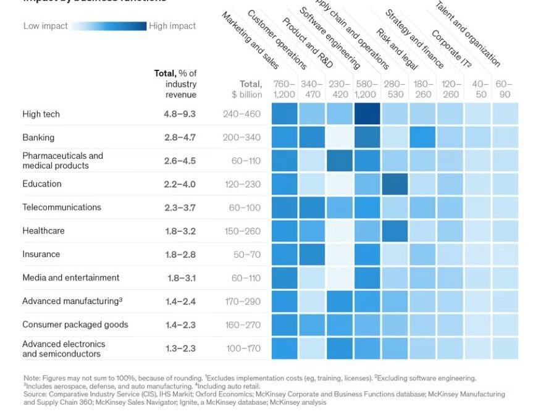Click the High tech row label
(x=41, y=114)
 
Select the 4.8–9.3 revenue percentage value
(x=180, y=114)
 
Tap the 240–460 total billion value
(x=242, y=114)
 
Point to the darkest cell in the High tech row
(x=367, y=114)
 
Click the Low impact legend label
(x=45, y=26)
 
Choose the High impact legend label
(x=172, y=26)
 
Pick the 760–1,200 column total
(x=284, y=90)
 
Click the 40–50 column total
(x=481, y=90)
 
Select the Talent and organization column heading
(x=468, y=34)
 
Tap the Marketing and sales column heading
(x=250, y=40)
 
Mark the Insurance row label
(x=41, y=255)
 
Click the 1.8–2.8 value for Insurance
(x=180, y=255)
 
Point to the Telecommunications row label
(x=62, y=208)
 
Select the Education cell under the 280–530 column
(x=395, y=184)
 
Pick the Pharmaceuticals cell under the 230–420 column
(x=339, y=161)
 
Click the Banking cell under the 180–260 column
(x=422, y=137)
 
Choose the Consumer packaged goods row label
(x=75, y=325)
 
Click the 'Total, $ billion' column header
(x=247, y=90)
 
